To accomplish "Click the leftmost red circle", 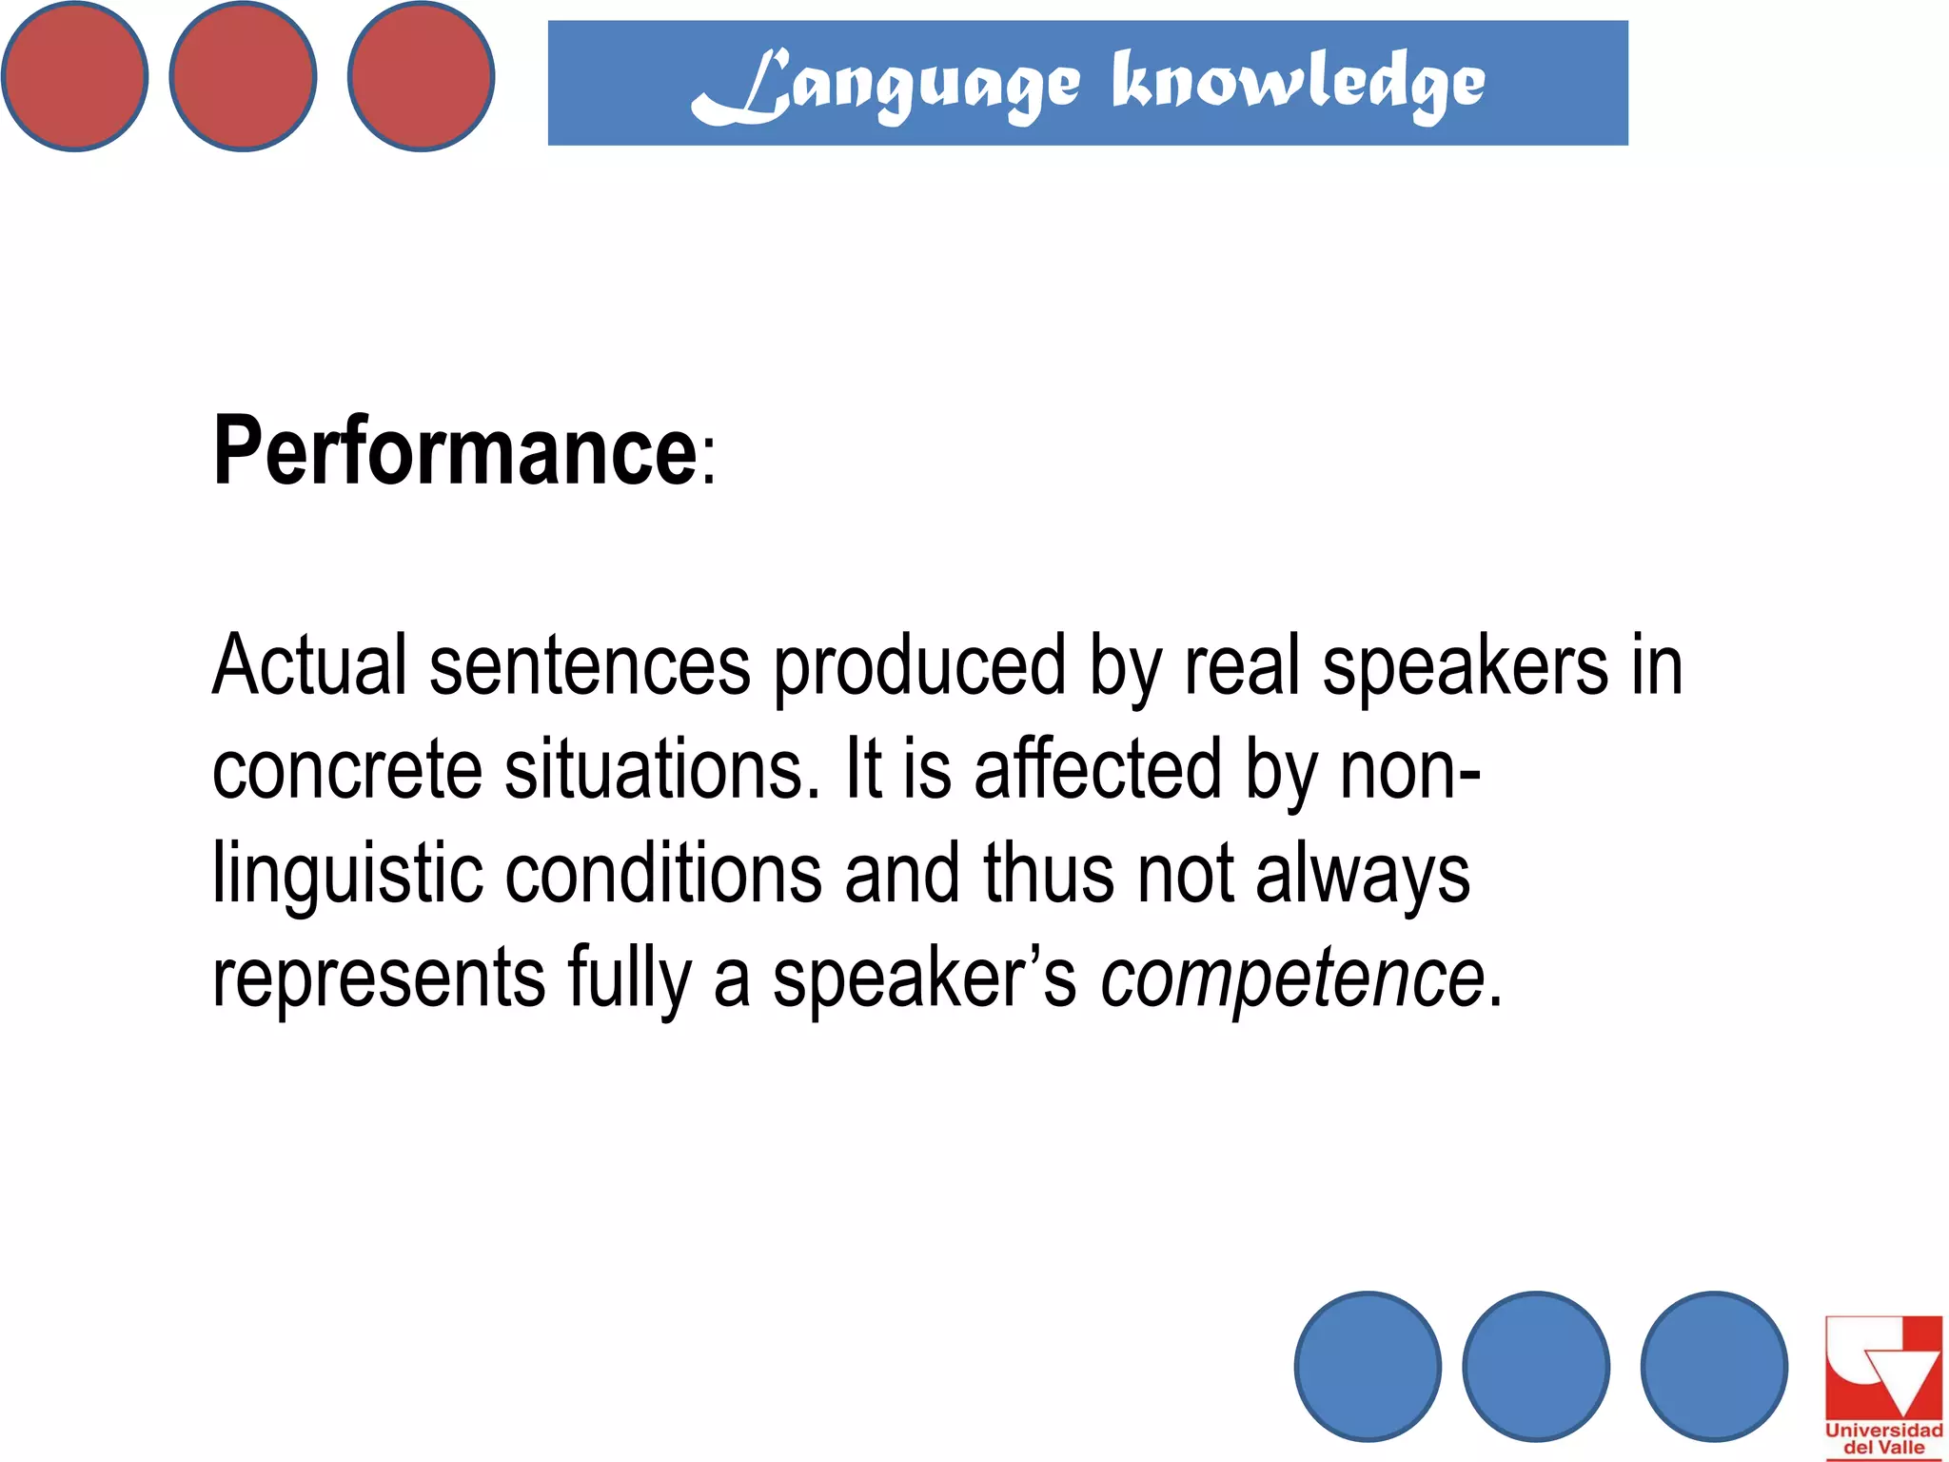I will pyautogui.click(x=74, y=76).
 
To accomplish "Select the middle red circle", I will pyautogui.click(x=243, y=76).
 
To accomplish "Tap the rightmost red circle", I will pyautogui.click(x=421, y=76).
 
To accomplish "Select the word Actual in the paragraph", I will pyautogui.click(x=309, y=665).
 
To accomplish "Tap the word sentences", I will pyautogui.click(x=590, y=665).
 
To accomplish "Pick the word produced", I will pyautogui.click(x=918, y=665).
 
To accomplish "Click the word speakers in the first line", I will pyautogui.click(x=1466, y=665).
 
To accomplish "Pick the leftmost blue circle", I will pyautogui.click(x=1368, y=1366).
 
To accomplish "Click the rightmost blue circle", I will pyautogui.click(x=1714, y=1366).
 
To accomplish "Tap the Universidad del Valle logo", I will pyautogui.click(x=1883, y=1385).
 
